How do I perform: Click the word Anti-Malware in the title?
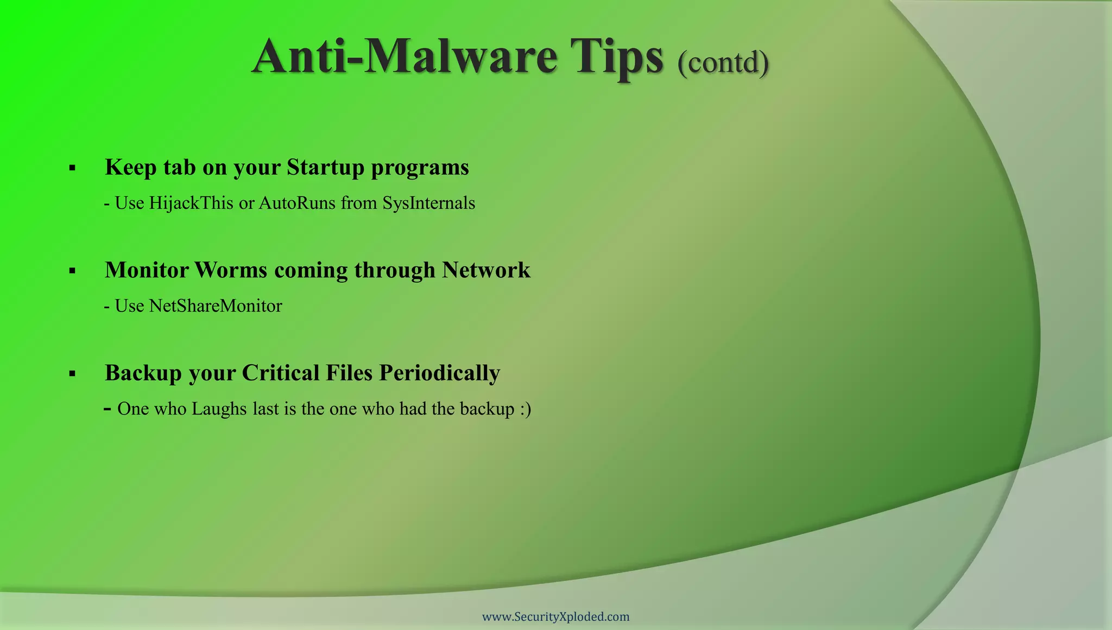(405, 57)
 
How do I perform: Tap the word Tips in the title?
(616, 58)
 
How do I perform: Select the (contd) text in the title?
(723, 62)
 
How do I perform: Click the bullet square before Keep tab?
(72, 168)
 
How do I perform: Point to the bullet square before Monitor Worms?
(72, 271)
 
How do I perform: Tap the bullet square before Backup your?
(72, 374)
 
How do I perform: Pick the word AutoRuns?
(297, 203)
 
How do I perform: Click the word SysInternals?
(428, 203)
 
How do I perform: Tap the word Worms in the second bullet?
(231, 270)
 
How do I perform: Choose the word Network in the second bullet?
(485, 270)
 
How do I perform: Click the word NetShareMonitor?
(216, 306)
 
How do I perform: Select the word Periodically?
(439, 373)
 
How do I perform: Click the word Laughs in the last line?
(219, 409)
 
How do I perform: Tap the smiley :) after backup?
(525, 409)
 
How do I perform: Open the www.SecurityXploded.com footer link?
(555, 616)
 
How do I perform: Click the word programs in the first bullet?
(420, 168)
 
